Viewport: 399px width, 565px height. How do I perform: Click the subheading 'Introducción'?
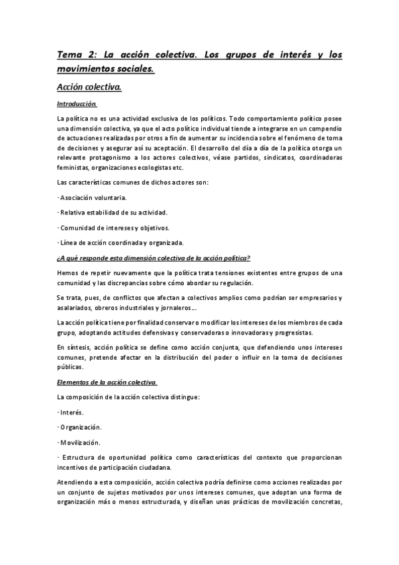click(77, 103)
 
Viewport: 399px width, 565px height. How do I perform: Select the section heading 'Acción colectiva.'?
click(89, 86)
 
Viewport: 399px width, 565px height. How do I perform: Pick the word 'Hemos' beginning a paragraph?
click(69, 273)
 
